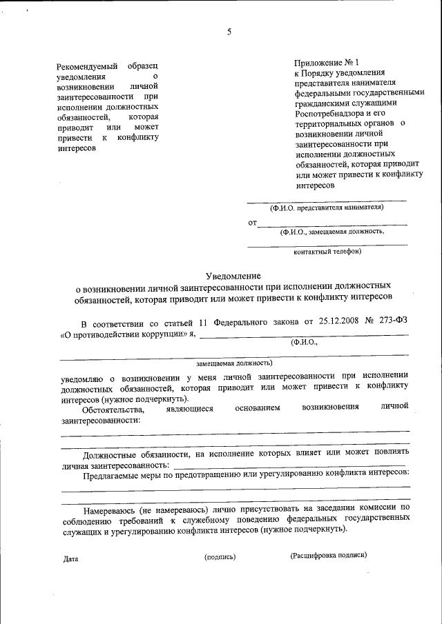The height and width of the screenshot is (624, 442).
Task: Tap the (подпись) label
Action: [x=220, y=556]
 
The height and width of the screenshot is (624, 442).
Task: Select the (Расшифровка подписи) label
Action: [x=329, y=555]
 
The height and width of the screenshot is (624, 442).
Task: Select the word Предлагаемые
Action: [x=113, y=475]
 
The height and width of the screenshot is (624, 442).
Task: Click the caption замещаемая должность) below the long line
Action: [x=234, y=362]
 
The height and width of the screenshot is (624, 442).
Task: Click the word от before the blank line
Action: [x=252, y=223]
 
